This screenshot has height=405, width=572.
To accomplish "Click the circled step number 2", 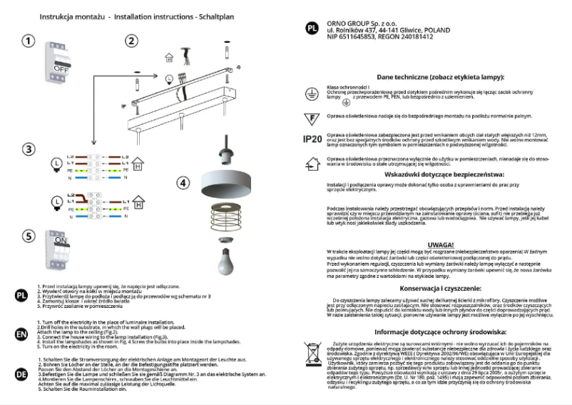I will (x=131, y=41).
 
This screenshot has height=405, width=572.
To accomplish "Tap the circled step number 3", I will (x=28, y=149).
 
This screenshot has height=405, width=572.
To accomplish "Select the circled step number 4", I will (x=183, y=182).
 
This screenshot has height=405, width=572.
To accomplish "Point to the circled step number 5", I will (x=28, y=236).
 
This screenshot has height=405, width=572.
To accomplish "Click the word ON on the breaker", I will (x=61, y=241).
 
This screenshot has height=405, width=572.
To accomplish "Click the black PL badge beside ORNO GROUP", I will (x=312, y=30).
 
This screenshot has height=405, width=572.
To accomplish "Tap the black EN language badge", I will (x=21, y=332).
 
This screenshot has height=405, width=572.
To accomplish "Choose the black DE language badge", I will (x=21, y=371).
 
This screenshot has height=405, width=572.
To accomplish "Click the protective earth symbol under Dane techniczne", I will (x=311, y=92).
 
